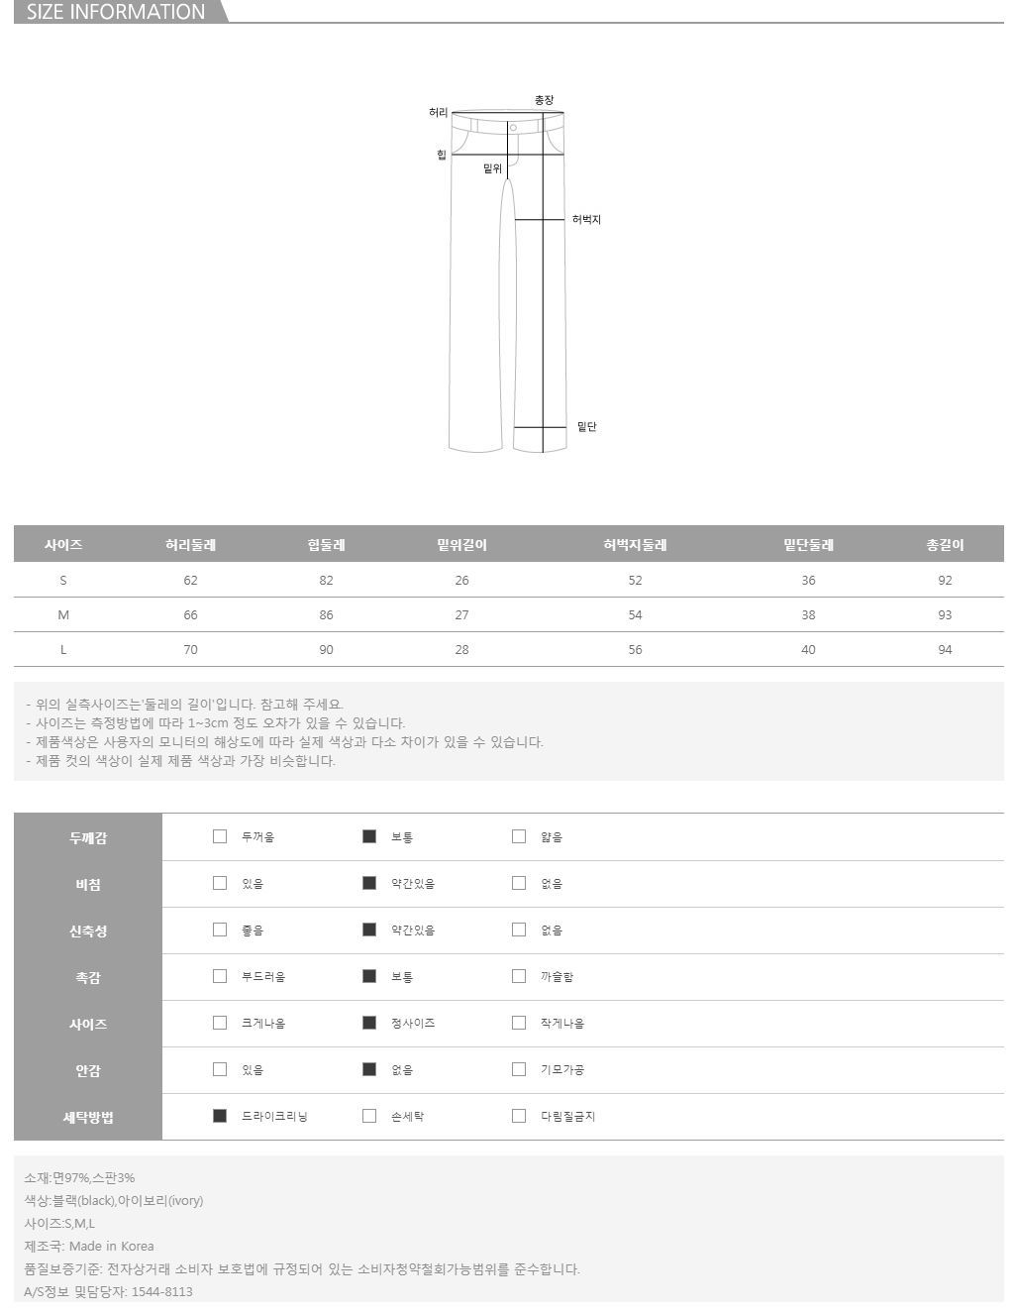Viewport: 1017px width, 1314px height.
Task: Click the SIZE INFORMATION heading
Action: point(116,12)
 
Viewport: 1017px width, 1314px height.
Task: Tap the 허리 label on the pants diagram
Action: point(438,113)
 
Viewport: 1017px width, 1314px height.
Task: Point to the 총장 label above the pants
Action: point(544,100)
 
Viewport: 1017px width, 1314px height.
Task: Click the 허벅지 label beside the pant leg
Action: point(585,220)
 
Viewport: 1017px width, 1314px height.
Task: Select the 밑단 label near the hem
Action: point(586,426)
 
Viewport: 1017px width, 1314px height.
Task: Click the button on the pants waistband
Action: point(512,128)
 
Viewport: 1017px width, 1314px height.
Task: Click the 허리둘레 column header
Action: point(190,544)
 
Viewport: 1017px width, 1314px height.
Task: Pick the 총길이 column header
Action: point(944,544)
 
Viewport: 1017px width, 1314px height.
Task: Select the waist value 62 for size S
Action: point(190,580)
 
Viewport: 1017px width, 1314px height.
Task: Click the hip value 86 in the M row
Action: point(326,614)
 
